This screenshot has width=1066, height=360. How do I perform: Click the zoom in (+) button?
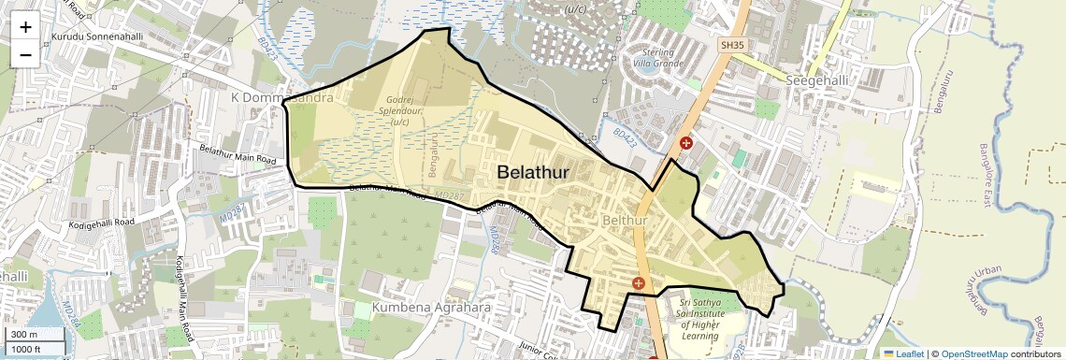pyautogui.click(x=25, y=27)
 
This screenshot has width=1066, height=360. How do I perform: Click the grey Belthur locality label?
pyautogui.click(x=626, y=220)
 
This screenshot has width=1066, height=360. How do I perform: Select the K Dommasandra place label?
pyautogui.click(x=281, y=97)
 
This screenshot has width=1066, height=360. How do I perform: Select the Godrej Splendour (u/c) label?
pyautogui.click(x=400, y=110)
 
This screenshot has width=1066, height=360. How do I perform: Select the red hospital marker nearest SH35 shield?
pyautogui.click(x=685, y=144)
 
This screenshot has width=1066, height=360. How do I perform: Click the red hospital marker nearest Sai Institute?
pyautogui.click(x=639, y=282)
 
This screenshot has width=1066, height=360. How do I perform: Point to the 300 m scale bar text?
pyautogui.click(x=24, y=334)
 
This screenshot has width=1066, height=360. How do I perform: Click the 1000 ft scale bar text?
pyautogui.click(x=27, y=349)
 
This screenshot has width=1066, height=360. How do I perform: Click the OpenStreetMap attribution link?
pyautogui.click(x=973, y=353)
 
